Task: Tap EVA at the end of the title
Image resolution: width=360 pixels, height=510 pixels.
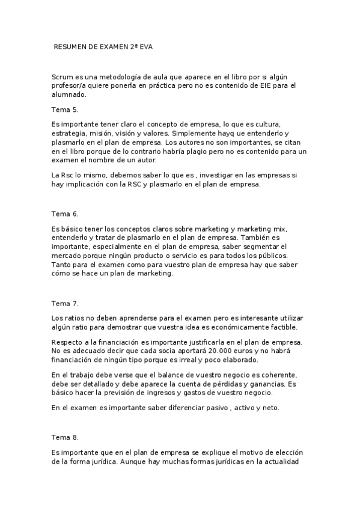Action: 146,46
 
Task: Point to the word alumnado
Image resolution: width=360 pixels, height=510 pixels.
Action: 70,94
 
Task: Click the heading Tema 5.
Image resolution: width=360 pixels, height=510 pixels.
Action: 65,109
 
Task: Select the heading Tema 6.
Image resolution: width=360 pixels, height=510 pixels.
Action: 65,214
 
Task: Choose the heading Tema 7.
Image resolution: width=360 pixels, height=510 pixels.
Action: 65,303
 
